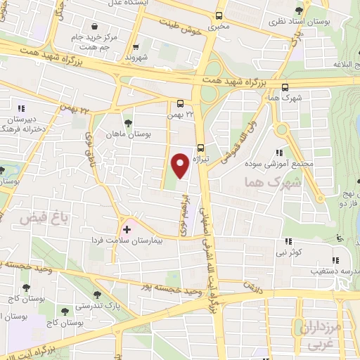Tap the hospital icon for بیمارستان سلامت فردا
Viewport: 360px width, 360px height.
pyautogui.click(x=127, y=229)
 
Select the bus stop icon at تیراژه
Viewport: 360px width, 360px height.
pyautogui.click(x=201, y=148)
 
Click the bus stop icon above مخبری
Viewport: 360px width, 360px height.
pyautogui.click(x=219, y=15)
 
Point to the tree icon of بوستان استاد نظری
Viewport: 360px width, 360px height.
pyautogui.click(x=300, y=10)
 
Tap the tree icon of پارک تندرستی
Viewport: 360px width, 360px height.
pyautogui.click(x=97, y=295)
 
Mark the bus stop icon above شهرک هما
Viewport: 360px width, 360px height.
pyautogui.click(x=284, y=88)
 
